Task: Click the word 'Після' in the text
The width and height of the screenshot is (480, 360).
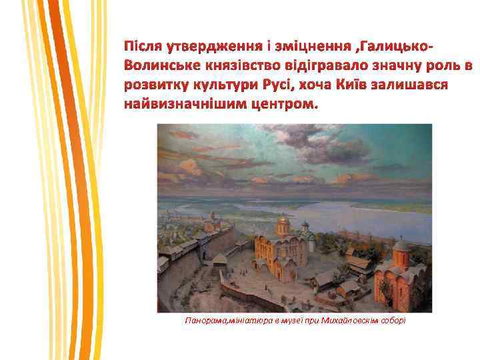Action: click(x=141, y=49)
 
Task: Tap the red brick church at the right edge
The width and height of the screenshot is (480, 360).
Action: click(x=401, y=277)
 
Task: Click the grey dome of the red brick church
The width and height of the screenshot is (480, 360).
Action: click(x=402, y=245)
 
